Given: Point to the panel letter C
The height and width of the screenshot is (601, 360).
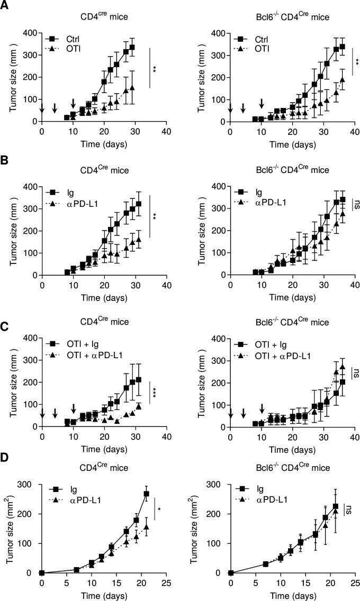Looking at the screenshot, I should [5, 312].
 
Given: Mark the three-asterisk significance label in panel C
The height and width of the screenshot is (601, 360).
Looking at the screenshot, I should [154, 392].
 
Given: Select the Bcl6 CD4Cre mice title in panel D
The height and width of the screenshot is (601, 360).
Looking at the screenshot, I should [292, 468].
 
